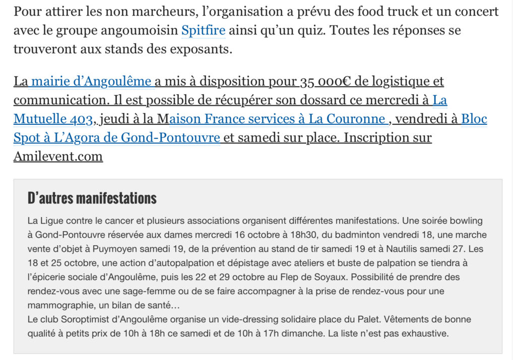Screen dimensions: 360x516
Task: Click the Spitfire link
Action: (x=203, y=30)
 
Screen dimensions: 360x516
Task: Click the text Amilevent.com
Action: (x=58, y=156)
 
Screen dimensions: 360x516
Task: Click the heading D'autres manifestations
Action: (x=92, y=198)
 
